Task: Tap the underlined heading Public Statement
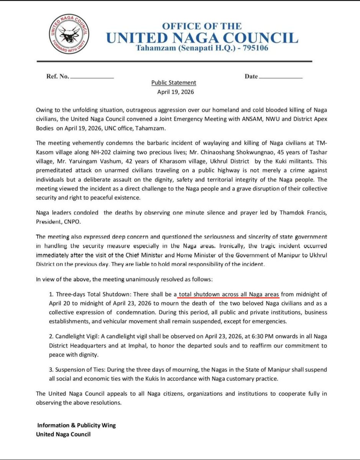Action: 174,82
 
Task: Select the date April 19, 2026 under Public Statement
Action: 176,92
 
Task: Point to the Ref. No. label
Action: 58,76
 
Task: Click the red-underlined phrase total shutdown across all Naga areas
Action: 229,294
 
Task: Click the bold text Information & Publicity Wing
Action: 76,425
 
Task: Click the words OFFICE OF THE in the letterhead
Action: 202,26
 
